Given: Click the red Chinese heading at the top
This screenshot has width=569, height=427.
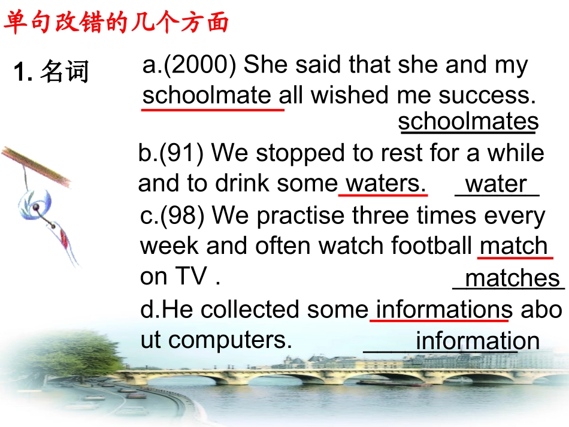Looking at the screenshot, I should point(117,23).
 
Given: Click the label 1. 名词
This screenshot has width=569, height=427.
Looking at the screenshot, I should point(51,72).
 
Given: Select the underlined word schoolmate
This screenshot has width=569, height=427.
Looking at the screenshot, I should point(210,95).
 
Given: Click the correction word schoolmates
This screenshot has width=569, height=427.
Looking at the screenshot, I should point(468,122).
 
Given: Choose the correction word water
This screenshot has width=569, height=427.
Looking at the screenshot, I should point(497,184).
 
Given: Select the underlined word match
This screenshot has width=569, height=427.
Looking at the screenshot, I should point(514,246).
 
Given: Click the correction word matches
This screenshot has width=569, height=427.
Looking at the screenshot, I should point(512,278).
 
